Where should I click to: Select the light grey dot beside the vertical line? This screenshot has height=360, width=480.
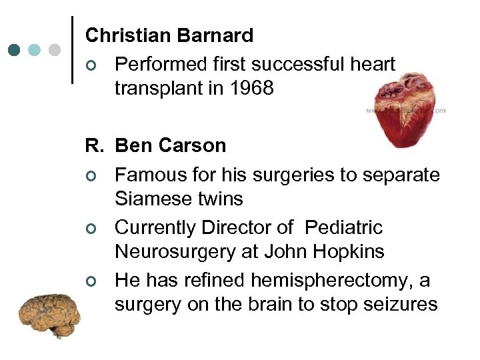tap(55, 50)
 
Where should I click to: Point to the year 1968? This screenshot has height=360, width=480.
tap(251, 89)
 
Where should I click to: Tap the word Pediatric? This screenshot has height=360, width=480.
tap(343, 227)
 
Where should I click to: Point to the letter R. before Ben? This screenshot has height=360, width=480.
tap(94, 146)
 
